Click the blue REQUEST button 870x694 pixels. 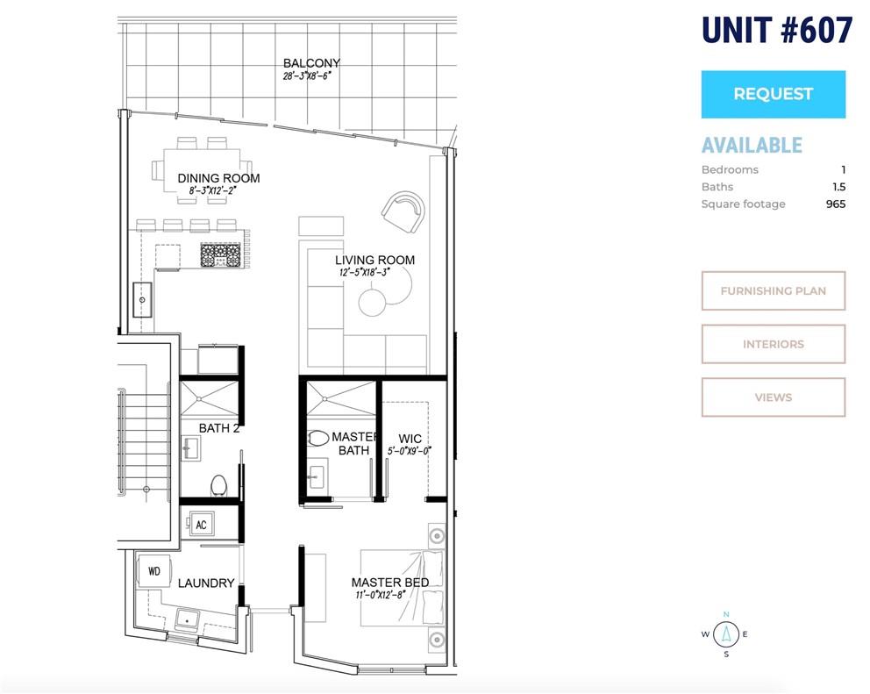773,94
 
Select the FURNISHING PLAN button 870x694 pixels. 773,290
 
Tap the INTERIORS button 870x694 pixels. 773,344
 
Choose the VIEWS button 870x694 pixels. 773,397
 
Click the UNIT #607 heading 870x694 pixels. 777,31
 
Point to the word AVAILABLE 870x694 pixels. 752,145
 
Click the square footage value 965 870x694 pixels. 836,204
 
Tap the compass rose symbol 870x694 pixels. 726,634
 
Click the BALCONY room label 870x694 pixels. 311,63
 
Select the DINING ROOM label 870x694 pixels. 218,178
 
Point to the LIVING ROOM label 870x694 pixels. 374,260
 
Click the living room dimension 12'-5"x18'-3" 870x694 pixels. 365,272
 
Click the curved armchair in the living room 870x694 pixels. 403,212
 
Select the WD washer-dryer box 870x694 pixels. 154,571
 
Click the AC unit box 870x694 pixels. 200,524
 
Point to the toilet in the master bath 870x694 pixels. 318,438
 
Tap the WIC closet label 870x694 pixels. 410,439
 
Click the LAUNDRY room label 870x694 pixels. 206,583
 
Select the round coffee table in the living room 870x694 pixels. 372,303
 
